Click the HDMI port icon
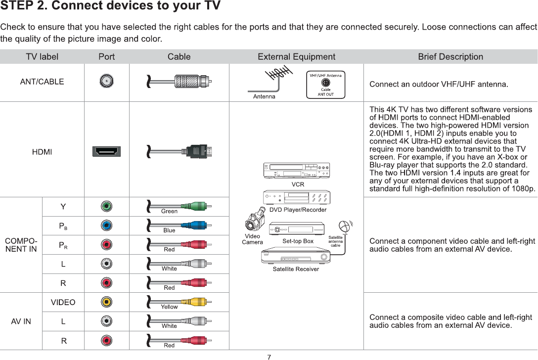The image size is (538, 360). tap(106, 151)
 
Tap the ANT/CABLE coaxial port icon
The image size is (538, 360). tap(106, 81)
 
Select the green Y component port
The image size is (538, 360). tap(106, 206)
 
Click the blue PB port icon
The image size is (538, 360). tap(106, 225)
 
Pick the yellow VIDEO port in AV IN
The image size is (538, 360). tap(106, 302)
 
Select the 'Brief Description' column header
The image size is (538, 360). tap(450, 57)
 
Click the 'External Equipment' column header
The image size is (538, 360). tap(296, 57)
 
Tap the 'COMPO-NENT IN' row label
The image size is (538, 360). tap(21, 245)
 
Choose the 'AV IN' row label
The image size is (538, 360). tap(21, 321)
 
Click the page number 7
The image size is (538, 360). tap(269, 357)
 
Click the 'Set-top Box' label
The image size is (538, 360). tap(298, 241)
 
